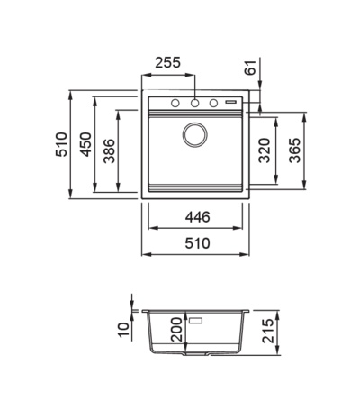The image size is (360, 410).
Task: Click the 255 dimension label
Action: click(x=168, y=63)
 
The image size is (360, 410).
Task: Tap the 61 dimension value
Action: click(x=250, y=68)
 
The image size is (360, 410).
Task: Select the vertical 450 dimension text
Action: click(x=86, y=144)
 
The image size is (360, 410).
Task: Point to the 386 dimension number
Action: click(x=109, y=151)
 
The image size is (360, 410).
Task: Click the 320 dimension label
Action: click(x=265, y=150)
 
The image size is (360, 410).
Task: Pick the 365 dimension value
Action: click(x=294, y=150)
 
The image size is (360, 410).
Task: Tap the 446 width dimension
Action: click(x=197, y=217)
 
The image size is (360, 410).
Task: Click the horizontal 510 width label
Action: click(x=197, y=243)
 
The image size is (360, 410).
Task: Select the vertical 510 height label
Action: click(x=62, y=144)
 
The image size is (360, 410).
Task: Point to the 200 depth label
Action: click(x=176, y=330)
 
